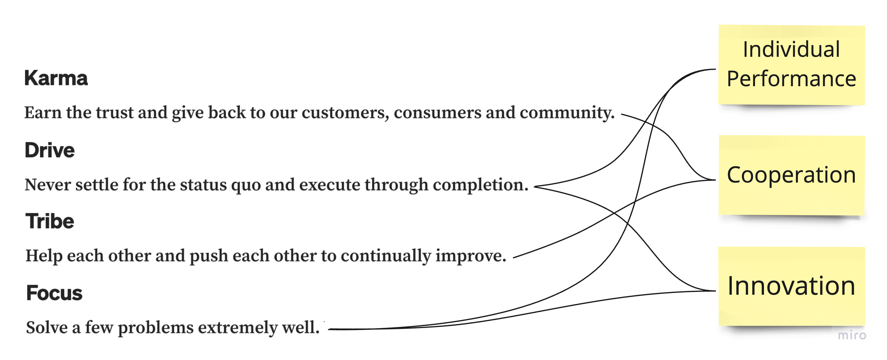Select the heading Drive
[x=49, y=150]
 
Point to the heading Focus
[x=54, y=293]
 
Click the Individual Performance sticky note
[x=791, y=65]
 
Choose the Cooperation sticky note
[x=791, y=175]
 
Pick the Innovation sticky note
[x=791, y=286]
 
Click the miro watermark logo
[x=852, y=335]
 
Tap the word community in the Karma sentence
[x=567, y=113]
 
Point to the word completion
[x=480, y=185]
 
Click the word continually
[x=386, y=256]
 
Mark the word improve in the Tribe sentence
[x=471, y=256]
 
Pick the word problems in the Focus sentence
[x=156, y=328]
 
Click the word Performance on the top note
[x=791, y=79]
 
